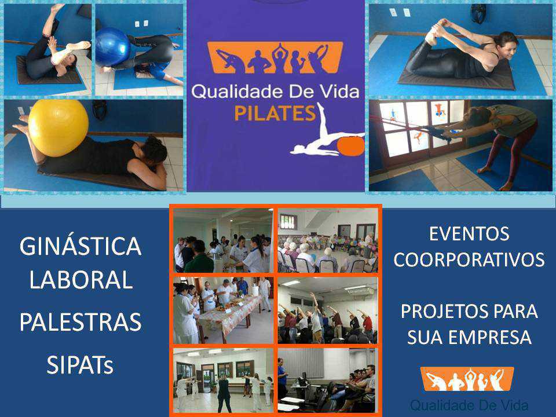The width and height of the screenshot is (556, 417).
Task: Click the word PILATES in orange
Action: (x=275, y=114)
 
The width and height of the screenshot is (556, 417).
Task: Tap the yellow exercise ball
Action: (x=58, y=127)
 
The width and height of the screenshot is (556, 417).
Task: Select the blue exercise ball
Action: (x=112, y=47)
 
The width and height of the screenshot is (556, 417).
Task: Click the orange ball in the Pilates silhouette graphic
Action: (x=351, y=146)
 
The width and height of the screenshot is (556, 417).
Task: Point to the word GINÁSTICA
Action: (x=81, y=246)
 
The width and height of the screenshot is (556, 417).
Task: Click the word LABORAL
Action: (x=81, y=280)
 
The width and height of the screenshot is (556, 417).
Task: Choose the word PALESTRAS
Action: (x=81, y=322)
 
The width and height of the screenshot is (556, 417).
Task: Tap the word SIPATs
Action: (x=80, y=365)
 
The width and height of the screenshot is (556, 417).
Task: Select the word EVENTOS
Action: (x=469, y=233)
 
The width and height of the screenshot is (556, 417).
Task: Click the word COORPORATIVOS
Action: (x=469, y=259)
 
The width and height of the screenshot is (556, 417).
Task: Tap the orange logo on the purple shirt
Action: (x=275, y=57)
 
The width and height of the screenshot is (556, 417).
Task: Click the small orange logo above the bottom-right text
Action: (x=467, y=379)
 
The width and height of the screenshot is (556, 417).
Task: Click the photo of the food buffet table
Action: (x=224, y=310)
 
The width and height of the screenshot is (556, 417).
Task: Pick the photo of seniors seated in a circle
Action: (x=328, y=240)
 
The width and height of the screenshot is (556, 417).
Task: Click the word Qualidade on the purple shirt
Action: (x=237, y=92)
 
